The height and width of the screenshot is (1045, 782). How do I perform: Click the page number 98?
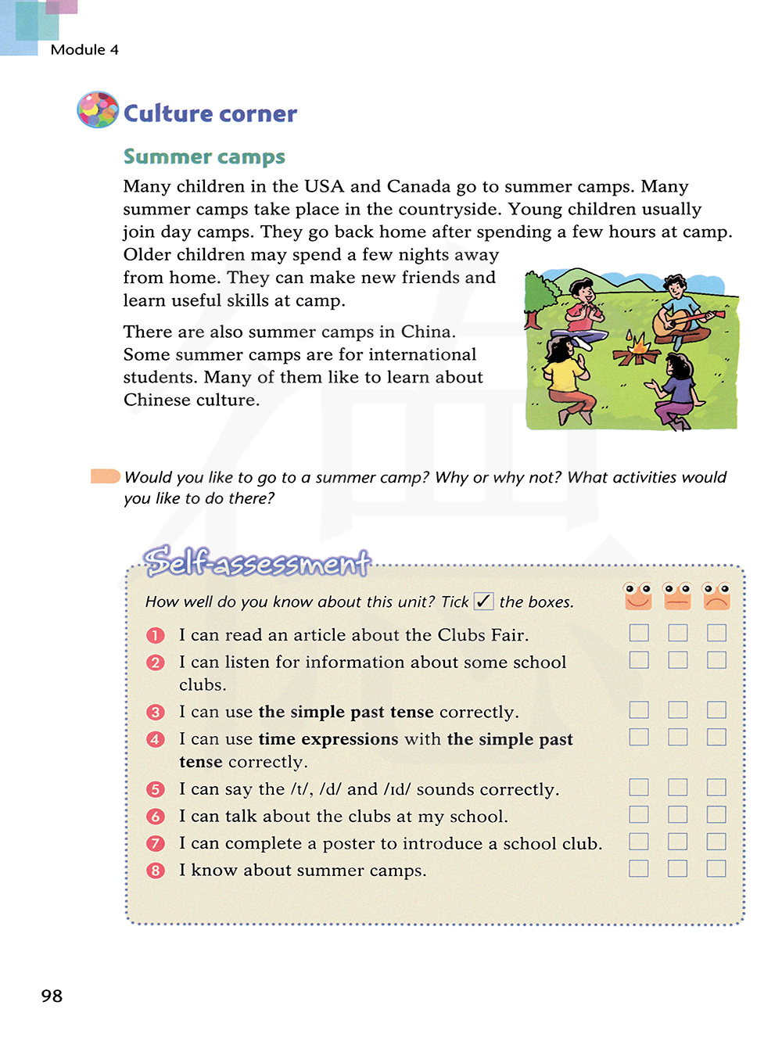pyautogui.click(x=52, y=996)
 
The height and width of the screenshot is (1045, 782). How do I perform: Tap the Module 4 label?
pyautogui.click(x=84, y=49)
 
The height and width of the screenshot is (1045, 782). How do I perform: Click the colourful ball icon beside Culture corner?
pyautogui.click(x=98, y=110)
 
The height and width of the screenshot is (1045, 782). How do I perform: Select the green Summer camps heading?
pyautogui.click(x=204, y=156)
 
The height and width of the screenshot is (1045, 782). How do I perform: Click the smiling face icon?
pyautogui.click(x=638, y=595)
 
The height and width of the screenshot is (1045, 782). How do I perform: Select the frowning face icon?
pyautogui.click(x=716, y=595)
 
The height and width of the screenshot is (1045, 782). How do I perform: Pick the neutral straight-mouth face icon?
pyautogui.click(x=677, y=595)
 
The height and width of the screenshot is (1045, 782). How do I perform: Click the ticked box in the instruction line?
pyautogui.click(x=483, y=601)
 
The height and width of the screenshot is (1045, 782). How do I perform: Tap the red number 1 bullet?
pyautogui.click(x=156, y=635)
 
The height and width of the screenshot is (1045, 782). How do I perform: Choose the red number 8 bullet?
pyautogui.click(x=156, y=871)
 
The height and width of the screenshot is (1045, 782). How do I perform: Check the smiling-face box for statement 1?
pyautogui.click(x=639, y=633)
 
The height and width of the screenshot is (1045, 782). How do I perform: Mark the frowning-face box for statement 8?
pyautogui.click(x=716, y=868)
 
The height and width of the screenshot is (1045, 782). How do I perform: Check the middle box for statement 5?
pyautogui.click(x=678, y=787)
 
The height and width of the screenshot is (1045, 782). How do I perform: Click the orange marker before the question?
pyautogui.click(x=105, y=476)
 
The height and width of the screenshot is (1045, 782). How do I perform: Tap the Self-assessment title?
pyautogui.click(x=256, y=562)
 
